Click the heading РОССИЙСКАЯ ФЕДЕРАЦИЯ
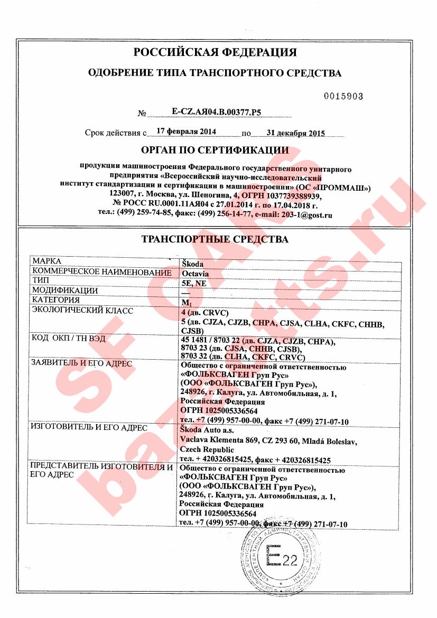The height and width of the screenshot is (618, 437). (x=215, y=52)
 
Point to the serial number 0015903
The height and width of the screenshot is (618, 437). (x=343, y=96)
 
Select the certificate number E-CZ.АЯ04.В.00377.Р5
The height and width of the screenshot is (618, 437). (x=217, y=111)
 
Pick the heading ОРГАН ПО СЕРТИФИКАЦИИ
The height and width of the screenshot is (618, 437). (x=215, y=151)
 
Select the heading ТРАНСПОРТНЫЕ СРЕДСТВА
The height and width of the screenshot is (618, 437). (x=215, y=239)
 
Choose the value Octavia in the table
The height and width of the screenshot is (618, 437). (x=194, y=274)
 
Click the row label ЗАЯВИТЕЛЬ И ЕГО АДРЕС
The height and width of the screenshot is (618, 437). (x=82, y=364)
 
